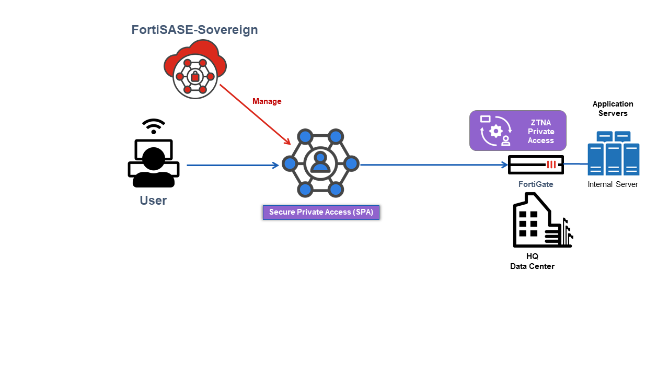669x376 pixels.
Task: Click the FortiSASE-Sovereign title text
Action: point(194,30)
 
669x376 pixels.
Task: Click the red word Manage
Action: point(267,101)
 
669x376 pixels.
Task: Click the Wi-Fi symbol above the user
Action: point(154,126)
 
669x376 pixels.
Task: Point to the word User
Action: point(153,201)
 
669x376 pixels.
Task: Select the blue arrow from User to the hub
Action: point(233,166)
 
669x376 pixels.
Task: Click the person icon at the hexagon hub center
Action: point(320,162)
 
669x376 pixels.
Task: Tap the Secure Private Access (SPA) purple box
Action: point(321,212)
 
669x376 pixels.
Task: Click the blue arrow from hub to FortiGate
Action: point(434,165)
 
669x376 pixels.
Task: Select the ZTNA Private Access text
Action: point(540,131)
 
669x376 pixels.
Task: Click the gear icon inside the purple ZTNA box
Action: point(495,131)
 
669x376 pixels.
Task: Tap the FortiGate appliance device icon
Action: point(536,164)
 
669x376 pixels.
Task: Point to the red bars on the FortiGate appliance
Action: point(551,164)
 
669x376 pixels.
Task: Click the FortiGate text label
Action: point(536,184)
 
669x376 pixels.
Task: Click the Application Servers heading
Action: point(613,109)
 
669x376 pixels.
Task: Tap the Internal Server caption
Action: point(613,184)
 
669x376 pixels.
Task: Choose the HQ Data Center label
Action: point(532,262)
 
